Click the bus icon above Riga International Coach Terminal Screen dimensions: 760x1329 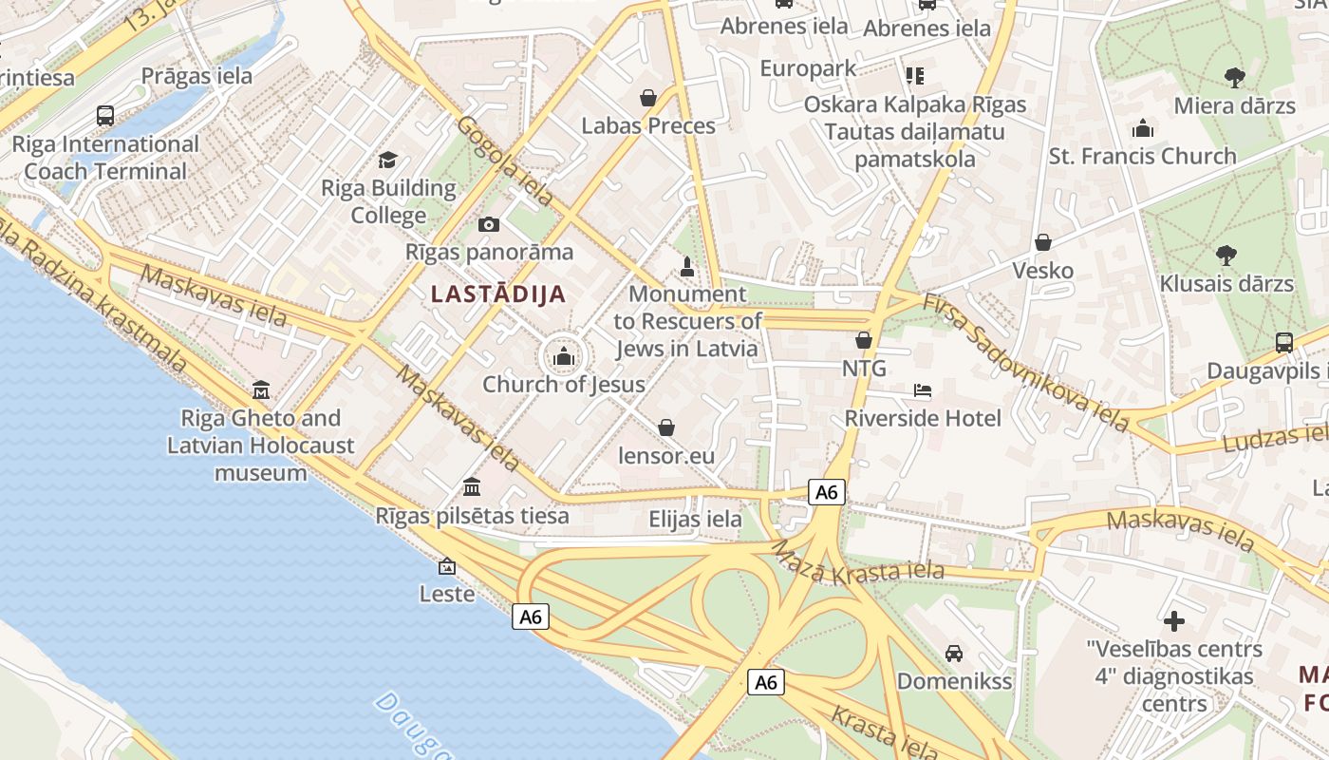[105, 116]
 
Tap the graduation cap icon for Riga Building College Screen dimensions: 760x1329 [387, 160]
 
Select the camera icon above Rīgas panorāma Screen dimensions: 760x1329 [489, 224]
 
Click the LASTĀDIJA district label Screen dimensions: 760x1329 [498, 294]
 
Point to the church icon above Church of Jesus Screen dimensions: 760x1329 [564, 357]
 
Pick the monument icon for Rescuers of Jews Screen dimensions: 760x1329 [688, 266]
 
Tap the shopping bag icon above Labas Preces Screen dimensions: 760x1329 [648, 97]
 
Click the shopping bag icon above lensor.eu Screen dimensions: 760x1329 [666, 427]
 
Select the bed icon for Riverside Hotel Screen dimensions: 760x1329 [923, 390]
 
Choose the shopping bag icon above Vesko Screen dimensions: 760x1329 [1043, 242]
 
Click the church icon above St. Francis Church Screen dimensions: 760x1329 [1143, 127]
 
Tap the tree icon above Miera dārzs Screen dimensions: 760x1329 [1234, 77]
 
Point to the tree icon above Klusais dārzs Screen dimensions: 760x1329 [1226, 255]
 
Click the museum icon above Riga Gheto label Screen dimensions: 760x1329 [261, 389]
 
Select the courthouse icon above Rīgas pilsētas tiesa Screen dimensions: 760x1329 [471, 487]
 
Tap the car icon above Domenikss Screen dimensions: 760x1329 [954, 654]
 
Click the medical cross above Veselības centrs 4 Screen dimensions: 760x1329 [1174, 621]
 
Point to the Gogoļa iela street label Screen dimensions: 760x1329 [505, 161]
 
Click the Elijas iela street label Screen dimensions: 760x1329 [695, 520]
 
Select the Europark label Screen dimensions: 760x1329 [808, 68]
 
